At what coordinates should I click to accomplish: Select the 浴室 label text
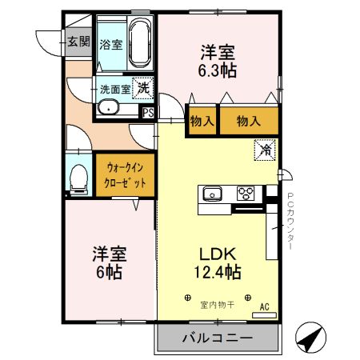[x=110, y=45]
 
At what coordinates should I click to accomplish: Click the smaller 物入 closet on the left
[x=201, y=122]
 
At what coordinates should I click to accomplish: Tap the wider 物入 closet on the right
[x=249, y=122]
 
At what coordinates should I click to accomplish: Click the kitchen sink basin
[x=213, y=193]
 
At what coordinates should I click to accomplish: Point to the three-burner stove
[x=246, y=193]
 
